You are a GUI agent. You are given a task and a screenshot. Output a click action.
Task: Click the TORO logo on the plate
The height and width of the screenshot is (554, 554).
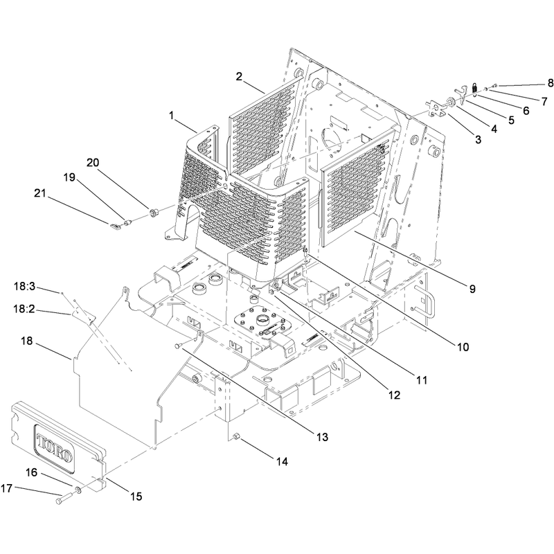coord(55,448)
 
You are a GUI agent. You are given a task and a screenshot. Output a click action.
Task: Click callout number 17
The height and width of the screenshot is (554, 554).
coord(6,488)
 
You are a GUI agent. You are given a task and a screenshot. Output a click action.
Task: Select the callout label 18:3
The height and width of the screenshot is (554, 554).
coord(24,286)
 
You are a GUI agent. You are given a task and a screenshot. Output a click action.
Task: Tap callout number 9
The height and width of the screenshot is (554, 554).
coord(472,289)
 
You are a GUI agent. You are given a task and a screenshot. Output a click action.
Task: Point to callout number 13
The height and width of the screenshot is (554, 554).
coord(322,437)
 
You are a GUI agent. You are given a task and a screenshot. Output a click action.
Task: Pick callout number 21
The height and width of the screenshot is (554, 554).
coord(40,193)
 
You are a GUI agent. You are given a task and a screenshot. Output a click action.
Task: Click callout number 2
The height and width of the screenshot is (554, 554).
coord(239,76)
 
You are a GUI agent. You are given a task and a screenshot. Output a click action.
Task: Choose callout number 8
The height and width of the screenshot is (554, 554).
coord(550,83)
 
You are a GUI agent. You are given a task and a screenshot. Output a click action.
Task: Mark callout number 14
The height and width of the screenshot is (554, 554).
coord(282,461)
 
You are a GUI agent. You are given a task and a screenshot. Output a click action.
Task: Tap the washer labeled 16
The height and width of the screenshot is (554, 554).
coord(78,490)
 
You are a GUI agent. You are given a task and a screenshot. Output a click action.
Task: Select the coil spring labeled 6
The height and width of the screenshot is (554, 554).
coord(475,89)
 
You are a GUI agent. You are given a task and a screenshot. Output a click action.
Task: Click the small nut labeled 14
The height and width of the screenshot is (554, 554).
coord(237,438)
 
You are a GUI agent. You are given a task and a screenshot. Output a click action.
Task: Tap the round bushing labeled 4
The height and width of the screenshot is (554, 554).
coord(452,102)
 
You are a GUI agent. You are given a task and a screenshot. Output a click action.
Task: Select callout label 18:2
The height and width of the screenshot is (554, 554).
coord(24,309)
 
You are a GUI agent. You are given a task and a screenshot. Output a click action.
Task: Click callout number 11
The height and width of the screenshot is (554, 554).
coord(422,380)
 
